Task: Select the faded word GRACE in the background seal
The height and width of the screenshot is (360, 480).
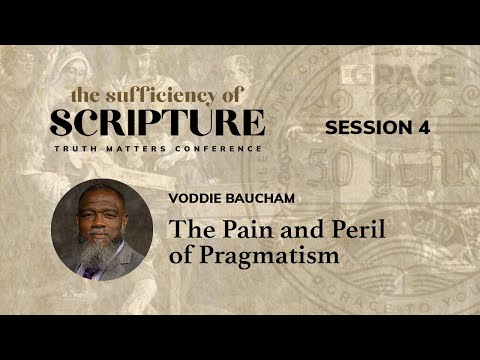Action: pos(400,78)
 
